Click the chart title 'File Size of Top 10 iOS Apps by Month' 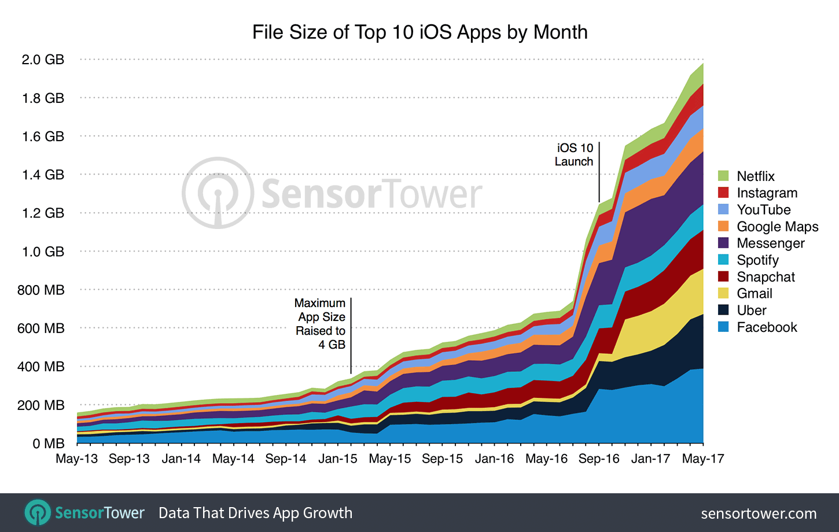click(x=419, y=32)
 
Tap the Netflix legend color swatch click(x=723, y=176)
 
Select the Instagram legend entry click(x=767, y=193)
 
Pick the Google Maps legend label click(x=777, y=227)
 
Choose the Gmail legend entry click(x=755, y=294)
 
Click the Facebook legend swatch click(x=723, y=327)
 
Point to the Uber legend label click(x=751, y=311)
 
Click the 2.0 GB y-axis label click(x=43, y=60)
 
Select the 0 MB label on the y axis click(x=48, y=444)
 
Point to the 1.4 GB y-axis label click(x=43, y=175)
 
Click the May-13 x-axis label click(x=76, y=459)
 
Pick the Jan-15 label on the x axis click(x=337, y=459)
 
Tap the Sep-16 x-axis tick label click(x=598, y=459)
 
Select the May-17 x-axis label click(x=702, y=459)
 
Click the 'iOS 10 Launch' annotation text click(x=574, y=155)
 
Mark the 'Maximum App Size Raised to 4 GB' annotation click(x=321, y=324)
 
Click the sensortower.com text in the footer click(x=759, y=513)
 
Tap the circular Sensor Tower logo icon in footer click(x=38, y=513)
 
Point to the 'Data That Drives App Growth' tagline click(x=255, y=513)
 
